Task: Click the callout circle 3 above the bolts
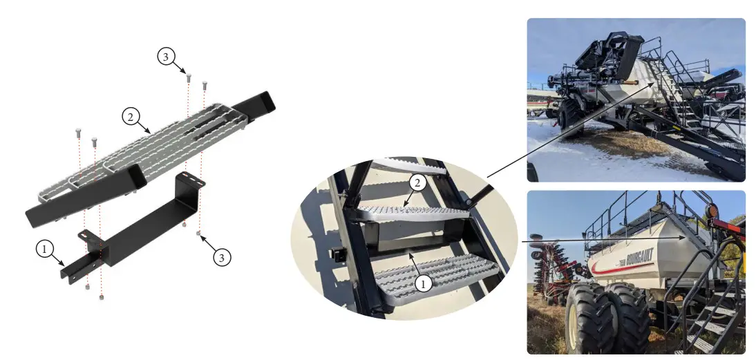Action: tap(165, 57)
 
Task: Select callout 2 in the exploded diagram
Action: tap(129, 117)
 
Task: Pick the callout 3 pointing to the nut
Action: tap(220, 257)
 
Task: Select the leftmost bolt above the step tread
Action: tap(78, 132)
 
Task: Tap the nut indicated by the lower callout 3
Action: tap(199, 234)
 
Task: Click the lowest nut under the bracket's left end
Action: tap(102, 297)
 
